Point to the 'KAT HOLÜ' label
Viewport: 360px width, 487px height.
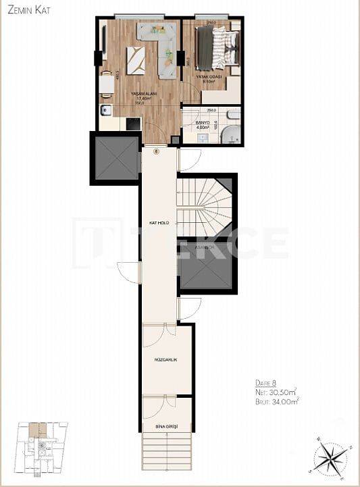point(159,223)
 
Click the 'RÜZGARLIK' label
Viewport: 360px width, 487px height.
point(165,360)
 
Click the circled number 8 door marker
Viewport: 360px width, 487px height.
point(157,151)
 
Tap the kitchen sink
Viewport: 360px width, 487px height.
point(105,111)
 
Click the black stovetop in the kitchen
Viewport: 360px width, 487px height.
point(132,124)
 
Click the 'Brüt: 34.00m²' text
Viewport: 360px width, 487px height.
point(276,401)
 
